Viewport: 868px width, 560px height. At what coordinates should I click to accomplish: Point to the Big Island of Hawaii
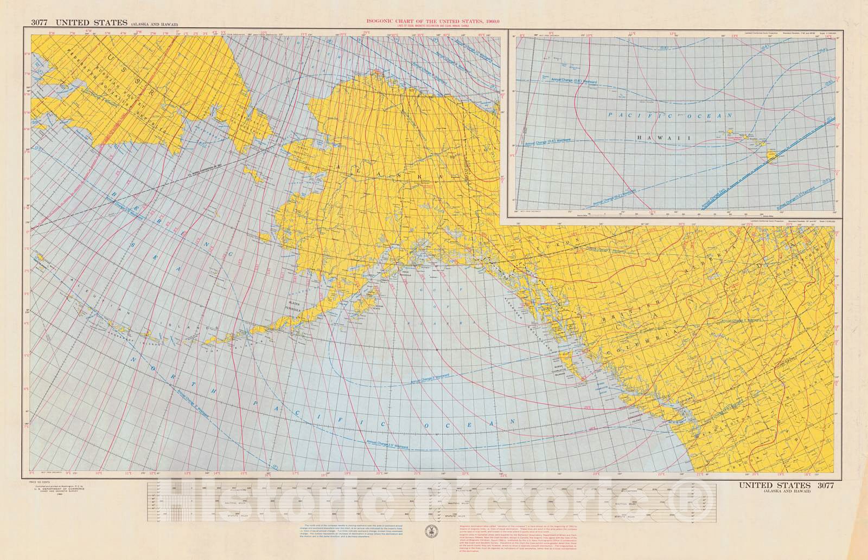tap(772, 157)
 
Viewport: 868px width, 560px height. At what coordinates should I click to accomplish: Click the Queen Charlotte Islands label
tap(564, 370)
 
